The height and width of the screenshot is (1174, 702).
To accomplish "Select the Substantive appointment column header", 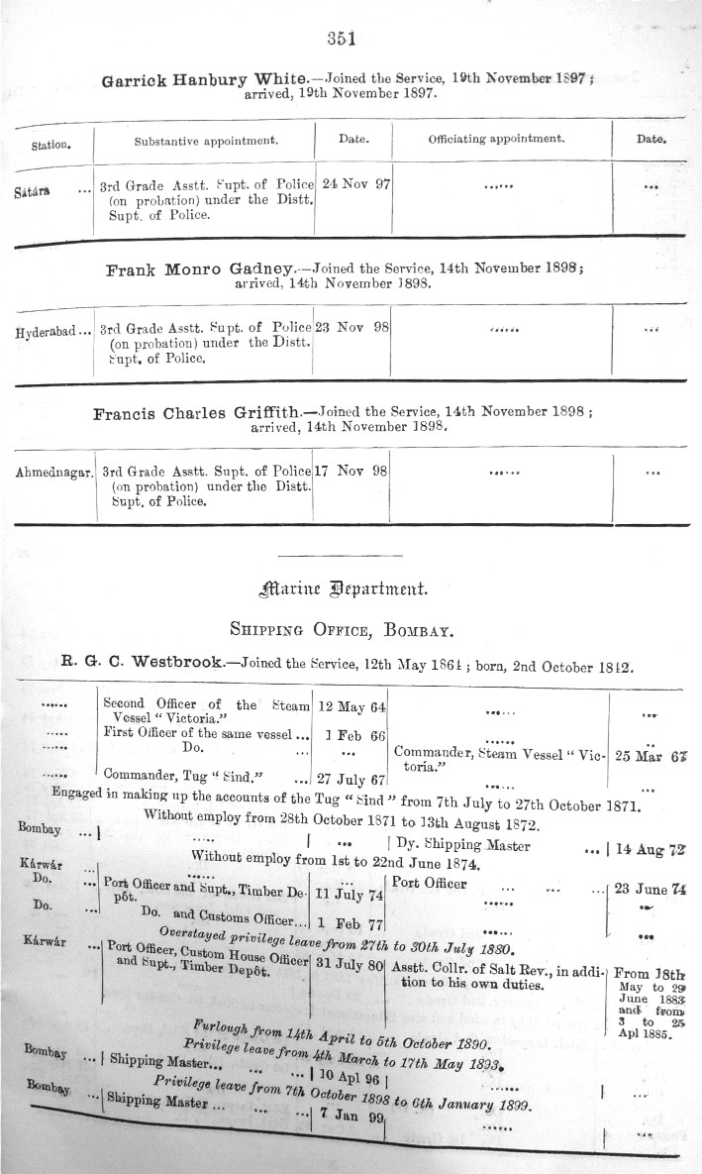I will click(206, 141).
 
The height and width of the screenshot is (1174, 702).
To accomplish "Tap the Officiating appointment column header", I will click(496, 140).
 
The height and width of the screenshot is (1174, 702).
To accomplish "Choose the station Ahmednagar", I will click(54, 473).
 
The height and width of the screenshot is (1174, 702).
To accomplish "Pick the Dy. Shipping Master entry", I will click(461, 845).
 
